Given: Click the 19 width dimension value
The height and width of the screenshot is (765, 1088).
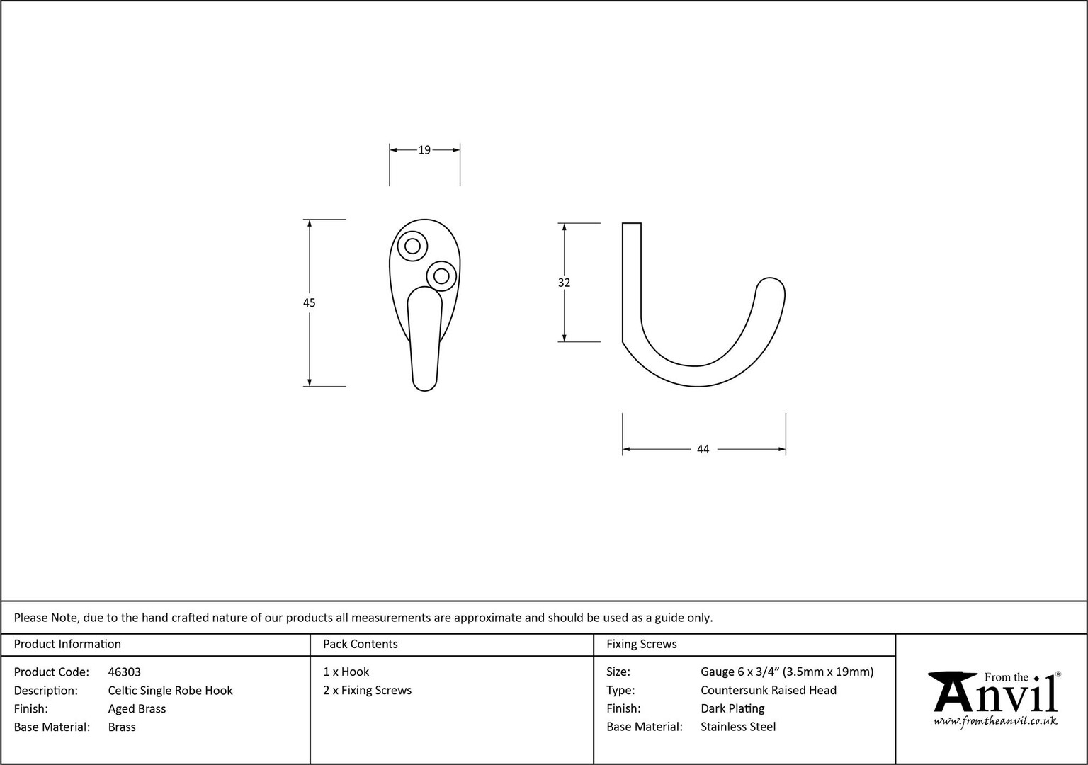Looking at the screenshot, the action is (x=424, y=150).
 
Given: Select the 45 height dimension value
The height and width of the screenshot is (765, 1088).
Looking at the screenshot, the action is (x=310, y=302).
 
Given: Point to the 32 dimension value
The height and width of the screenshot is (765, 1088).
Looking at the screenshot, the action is (x=564, y=282).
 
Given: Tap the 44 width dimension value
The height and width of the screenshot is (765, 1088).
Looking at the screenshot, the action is (x=703, y=449).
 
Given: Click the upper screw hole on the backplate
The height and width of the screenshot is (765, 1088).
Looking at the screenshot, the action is (x=412, y=246).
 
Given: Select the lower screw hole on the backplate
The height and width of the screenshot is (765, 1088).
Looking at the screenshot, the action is (x=441, y=276).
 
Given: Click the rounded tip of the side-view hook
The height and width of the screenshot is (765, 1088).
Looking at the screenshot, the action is (x=771, y=287).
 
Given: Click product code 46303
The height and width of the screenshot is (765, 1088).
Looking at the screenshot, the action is (x=125, y=671).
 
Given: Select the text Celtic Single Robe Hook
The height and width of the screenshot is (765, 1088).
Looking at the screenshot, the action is (x=171, y=690).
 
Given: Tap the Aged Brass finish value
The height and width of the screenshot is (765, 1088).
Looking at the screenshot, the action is (x=137, y=708).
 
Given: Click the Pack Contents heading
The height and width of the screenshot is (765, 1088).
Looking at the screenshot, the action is (x=361, y=644).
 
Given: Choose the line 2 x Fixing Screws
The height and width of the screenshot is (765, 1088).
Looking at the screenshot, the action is (x=367, y=690).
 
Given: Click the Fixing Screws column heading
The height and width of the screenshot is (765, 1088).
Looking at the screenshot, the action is (x=642, y=644).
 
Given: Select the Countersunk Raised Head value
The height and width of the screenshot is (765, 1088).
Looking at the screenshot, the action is (x=769, y=690).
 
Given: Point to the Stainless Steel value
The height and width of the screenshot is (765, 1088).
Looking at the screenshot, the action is (x=738, y=727).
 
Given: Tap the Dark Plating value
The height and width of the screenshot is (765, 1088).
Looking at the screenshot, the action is (x=732, y=708).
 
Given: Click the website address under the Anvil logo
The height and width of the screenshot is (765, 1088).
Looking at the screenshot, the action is (x=995, y=721).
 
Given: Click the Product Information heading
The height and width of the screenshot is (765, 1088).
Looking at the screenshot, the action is (x=67, y=644).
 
